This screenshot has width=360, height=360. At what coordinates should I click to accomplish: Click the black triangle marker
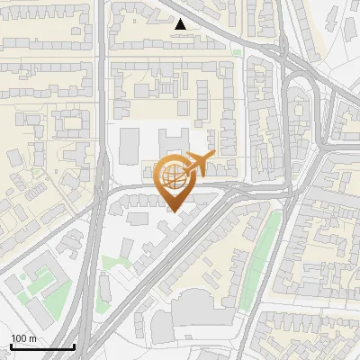(181, 24)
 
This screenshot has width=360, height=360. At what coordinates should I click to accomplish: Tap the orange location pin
(175, 181)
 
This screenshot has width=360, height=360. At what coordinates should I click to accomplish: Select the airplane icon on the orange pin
(195, 164)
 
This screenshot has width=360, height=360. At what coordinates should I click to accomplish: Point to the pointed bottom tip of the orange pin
(175, 211)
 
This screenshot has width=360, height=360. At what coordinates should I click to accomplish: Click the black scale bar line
(42, 346)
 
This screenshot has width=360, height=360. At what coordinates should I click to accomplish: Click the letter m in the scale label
(33, 338)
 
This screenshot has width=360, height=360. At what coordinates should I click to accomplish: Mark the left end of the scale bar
(11, 346)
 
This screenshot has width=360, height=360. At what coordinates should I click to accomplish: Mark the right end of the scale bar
(74, 346)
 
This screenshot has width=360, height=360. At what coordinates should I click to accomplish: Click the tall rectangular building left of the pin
(130, 145)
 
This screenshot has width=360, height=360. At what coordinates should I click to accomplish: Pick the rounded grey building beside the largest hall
(159, 319)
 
